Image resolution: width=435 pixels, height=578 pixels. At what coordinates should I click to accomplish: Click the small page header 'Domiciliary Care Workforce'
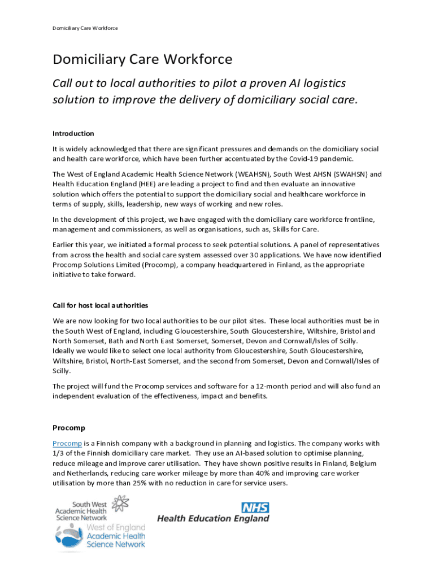[85, 28]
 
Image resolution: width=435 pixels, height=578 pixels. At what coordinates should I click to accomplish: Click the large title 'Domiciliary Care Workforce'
[142, 59]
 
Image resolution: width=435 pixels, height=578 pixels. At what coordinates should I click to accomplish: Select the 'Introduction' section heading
[73, 134]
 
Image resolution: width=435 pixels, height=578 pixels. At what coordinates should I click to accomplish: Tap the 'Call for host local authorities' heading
[100, 305]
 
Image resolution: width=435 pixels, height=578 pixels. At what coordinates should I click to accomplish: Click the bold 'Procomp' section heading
[69, 428]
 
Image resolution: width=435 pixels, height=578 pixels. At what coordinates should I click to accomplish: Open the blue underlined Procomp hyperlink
[67, 443]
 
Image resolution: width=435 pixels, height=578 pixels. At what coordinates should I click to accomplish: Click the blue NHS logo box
[255, 507]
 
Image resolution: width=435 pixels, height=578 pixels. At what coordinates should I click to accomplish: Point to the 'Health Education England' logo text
[213, 519]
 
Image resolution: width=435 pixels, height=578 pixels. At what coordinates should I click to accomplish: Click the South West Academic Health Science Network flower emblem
[122, 506]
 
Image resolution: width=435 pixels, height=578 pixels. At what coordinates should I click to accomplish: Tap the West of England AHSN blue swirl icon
[69, 536]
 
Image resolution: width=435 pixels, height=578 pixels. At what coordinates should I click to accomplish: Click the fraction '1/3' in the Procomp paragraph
[59, 453]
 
